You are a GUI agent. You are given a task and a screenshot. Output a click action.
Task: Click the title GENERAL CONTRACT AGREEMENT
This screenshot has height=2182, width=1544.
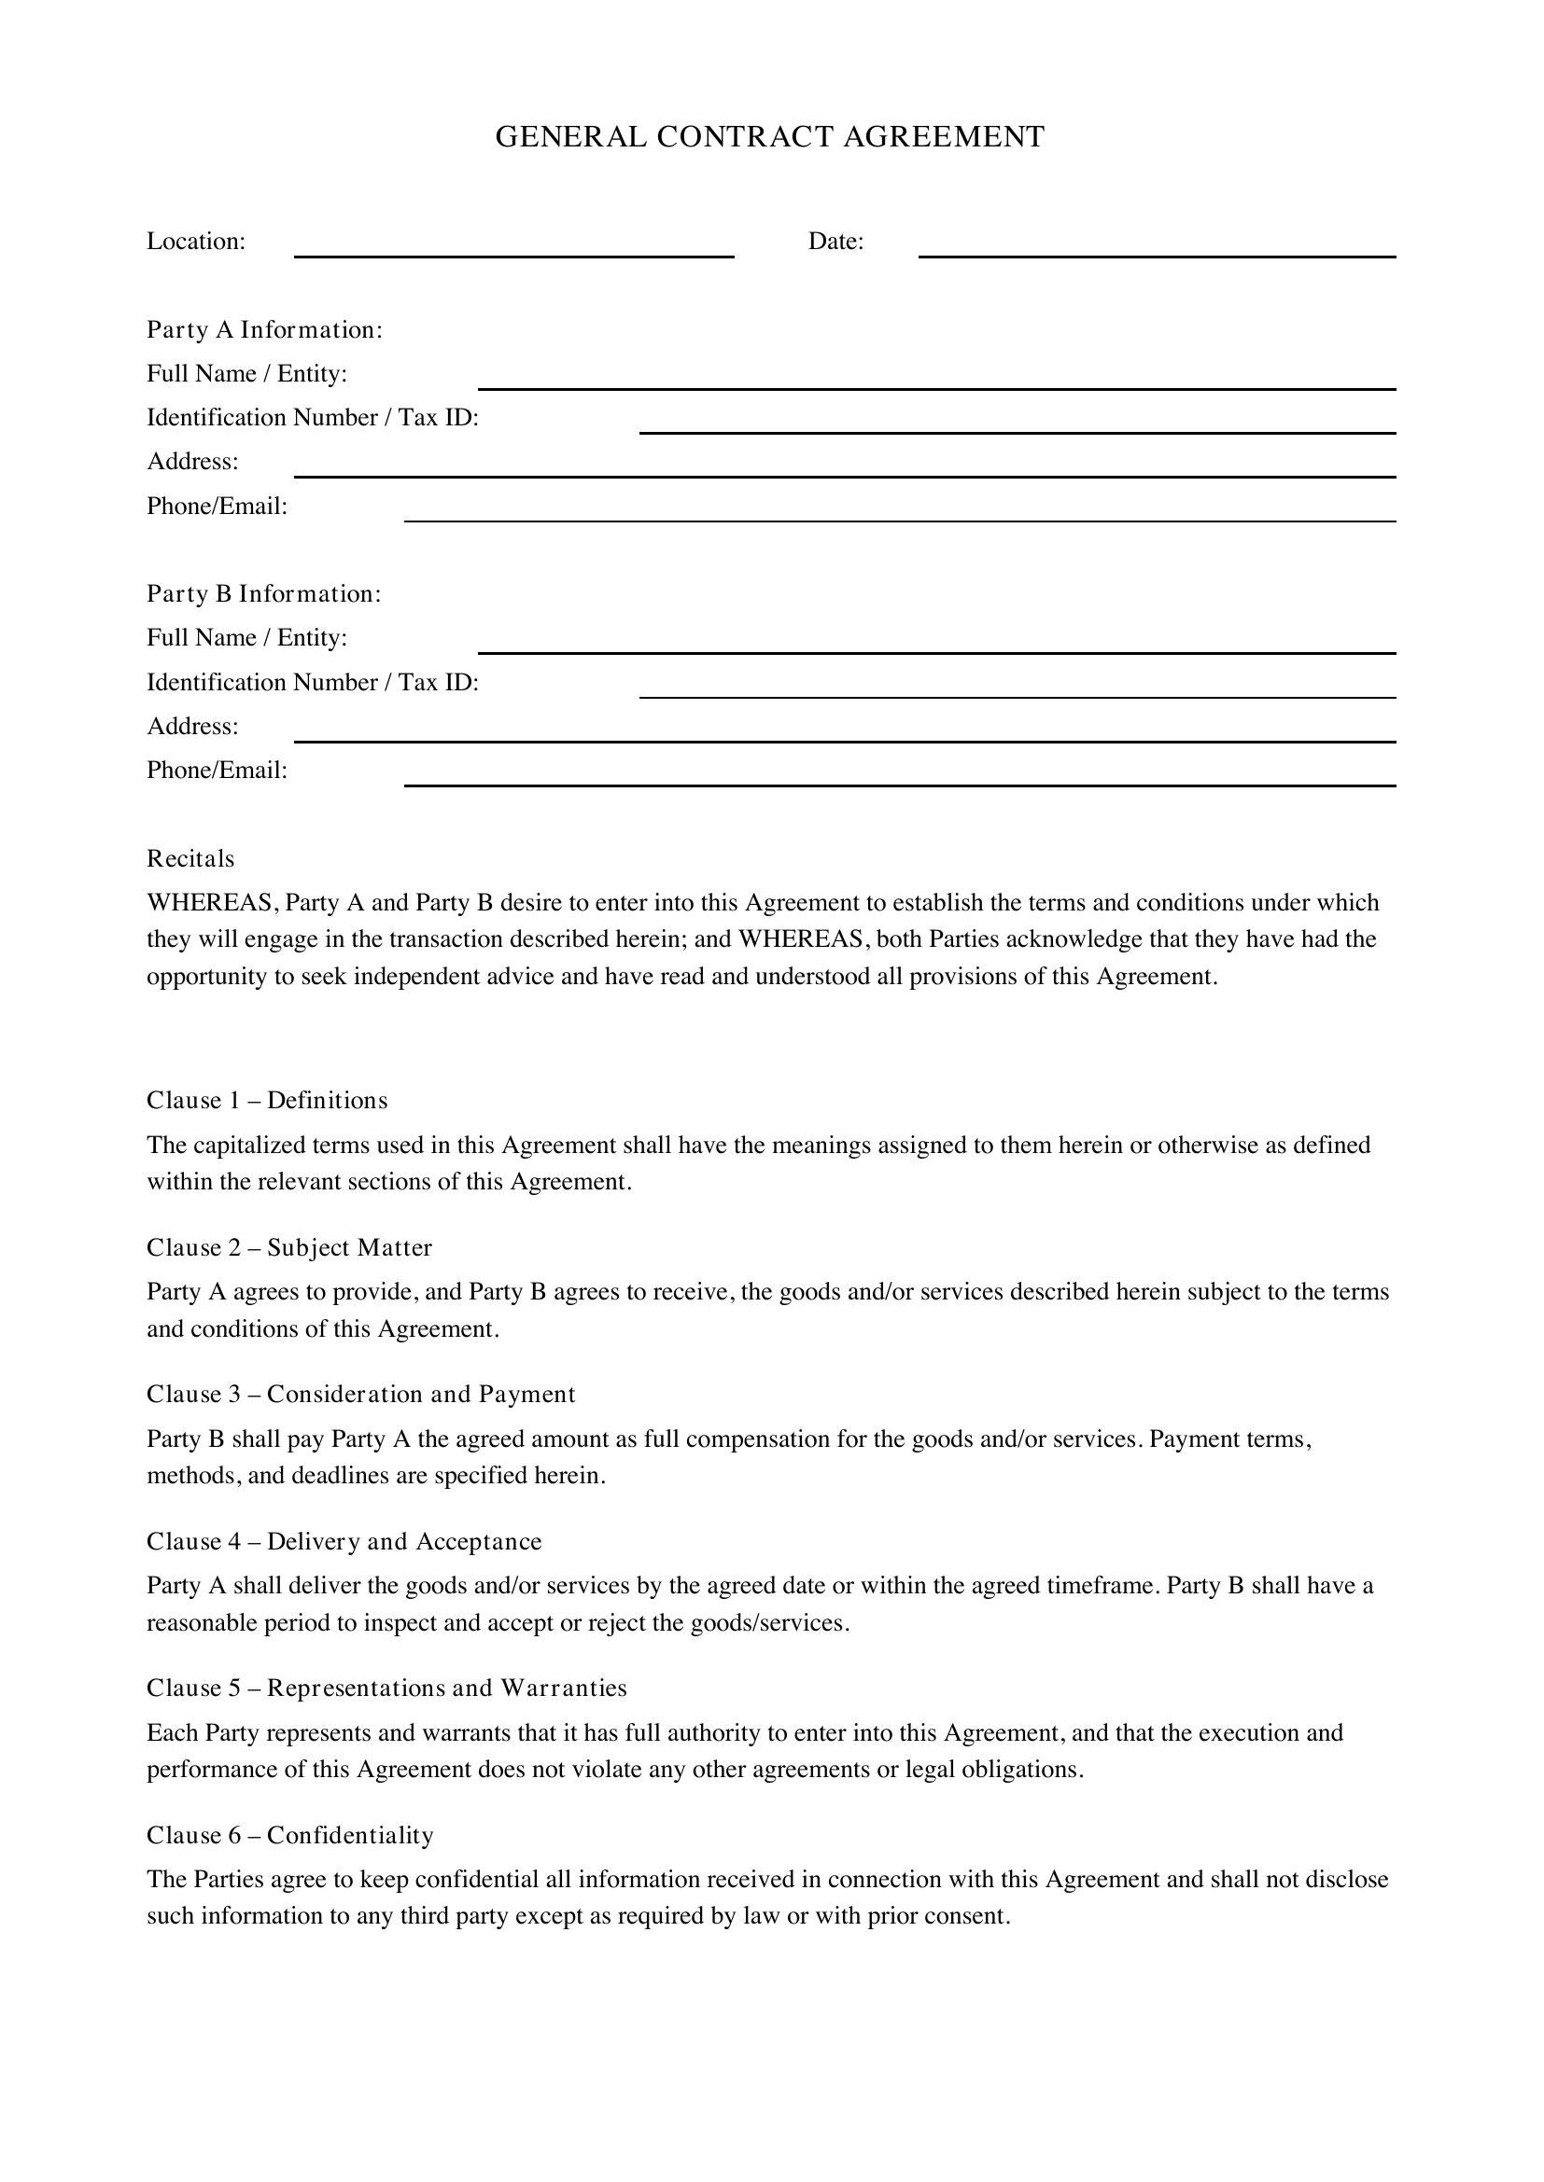pos(769,137)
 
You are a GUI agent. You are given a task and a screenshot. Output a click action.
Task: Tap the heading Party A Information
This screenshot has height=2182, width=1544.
pos(264,329)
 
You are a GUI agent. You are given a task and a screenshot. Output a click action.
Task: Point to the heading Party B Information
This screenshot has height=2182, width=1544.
pos(263,594)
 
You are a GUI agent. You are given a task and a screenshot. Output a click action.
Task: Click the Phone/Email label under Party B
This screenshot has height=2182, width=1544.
pos(217,771)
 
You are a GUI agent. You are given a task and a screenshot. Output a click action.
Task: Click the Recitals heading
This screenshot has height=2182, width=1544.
pos(190,859)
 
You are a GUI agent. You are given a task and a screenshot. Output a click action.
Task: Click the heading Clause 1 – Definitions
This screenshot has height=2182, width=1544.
pos(267,1101)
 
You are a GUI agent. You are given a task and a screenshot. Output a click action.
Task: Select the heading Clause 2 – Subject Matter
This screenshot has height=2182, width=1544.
pos(289,1248)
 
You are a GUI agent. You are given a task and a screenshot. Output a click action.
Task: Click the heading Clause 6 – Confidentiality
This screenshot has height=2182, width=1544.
pos(290,1835)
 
